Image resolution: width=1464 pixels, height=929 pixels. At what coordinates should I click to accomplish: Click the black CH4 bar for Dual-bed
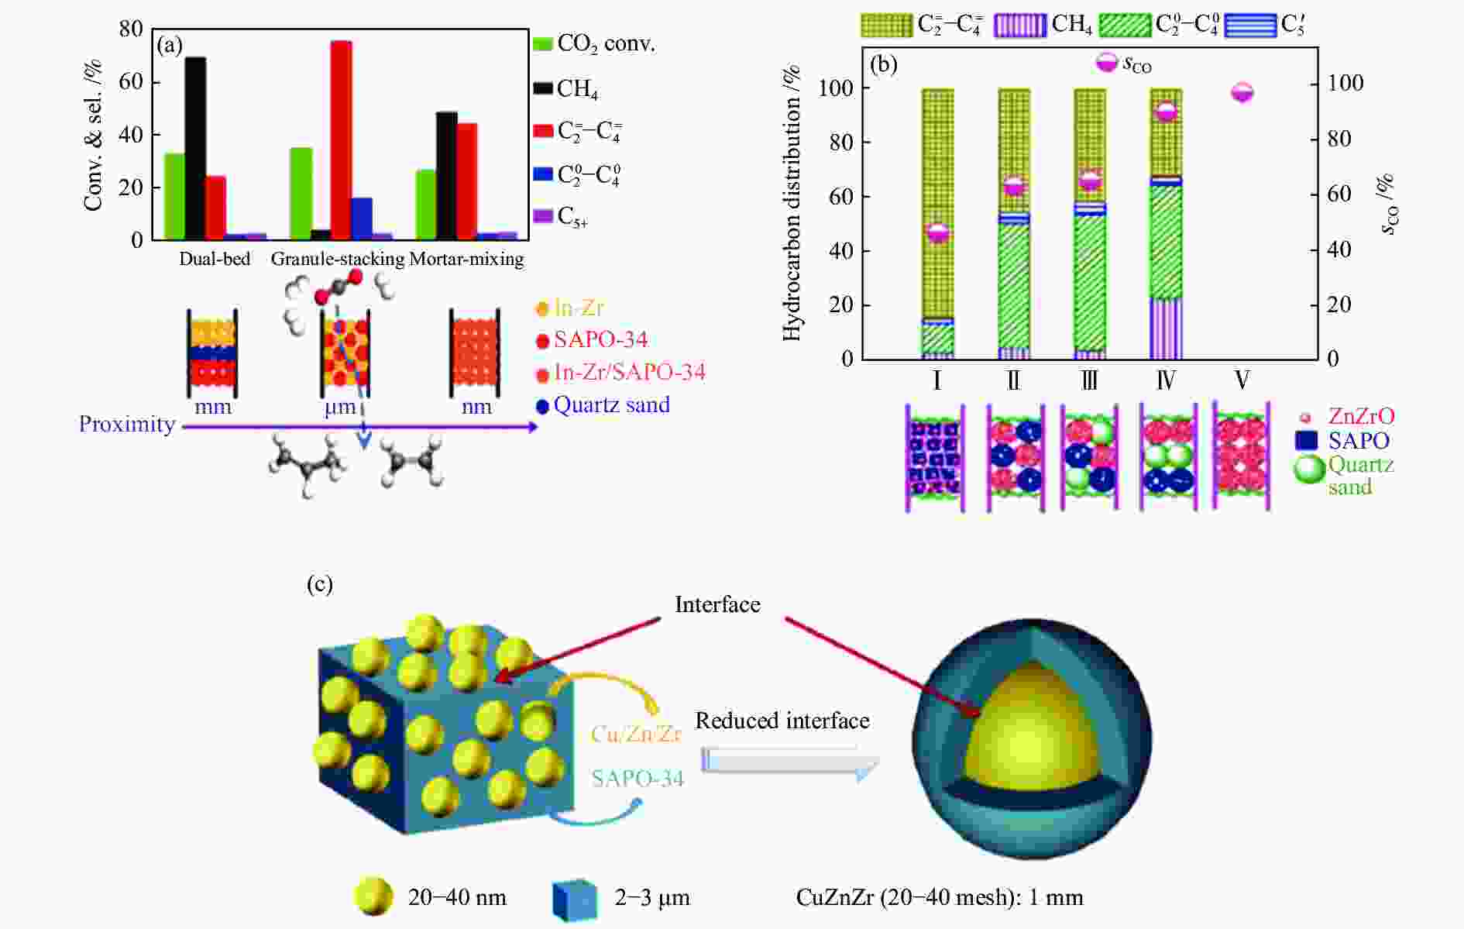click(x=195, y=148)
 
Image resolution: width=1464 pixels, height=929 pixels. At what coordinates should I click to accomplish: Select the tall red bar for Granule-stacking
click(x=341, y=140)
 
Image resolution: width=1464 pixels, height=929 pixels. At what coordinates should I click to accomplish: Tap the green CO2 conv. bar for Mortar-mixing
click(x=425, y=205)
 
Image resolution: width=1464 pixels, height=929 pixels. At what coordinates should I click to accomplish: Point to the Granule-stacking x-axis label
click(x=337, y=259)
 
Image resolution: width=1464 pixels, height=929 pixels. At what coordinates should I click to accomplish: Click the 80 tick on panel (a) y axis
click(x=131, y=29)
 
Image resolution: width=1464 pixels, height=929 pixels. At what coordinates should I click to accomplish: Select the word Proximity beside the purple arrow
click(x=127, y=425)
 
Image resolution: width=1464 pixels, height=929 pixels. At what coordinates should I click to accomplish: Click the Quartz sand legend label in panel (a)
click(x=611, y=405)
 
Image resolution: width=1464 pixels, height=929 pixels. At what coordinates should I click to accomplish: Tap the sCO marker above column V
click(x=1242, y=92)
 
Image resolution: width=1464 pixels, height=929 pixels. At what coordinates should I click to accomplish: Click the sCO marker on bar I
click(x=937, y=232)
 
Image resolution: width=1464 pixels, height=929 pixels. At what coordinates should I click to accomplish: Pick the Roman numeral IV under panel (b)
click(x=1166, y=380)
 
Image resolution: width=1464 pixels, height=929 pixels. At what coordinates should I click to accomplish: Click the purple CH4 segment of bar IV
click(x=1166, y=329)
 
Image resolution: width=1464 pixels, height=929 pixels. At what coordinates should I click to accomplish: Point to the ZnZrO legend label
click(x=1361, y=416)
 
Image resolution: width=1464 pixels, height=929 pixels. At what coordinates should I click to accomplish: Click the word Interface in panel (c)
click(x=717, y=604)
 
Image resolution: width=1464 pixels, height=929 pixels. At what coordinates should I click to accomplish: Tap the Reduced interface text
click(x=782, y=721)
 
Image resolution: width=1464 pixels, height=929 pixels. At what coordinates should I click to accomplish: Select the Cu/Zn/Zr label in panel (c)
click(x=636, y=734)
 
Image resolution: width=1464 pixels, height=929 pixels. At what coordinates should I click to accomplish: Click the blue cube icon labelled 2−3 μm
click(x=575, y=900)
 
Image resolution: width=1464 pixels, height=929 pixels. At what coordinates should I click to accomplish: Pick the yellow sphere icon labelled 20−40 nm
click(x=373, y=897)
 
